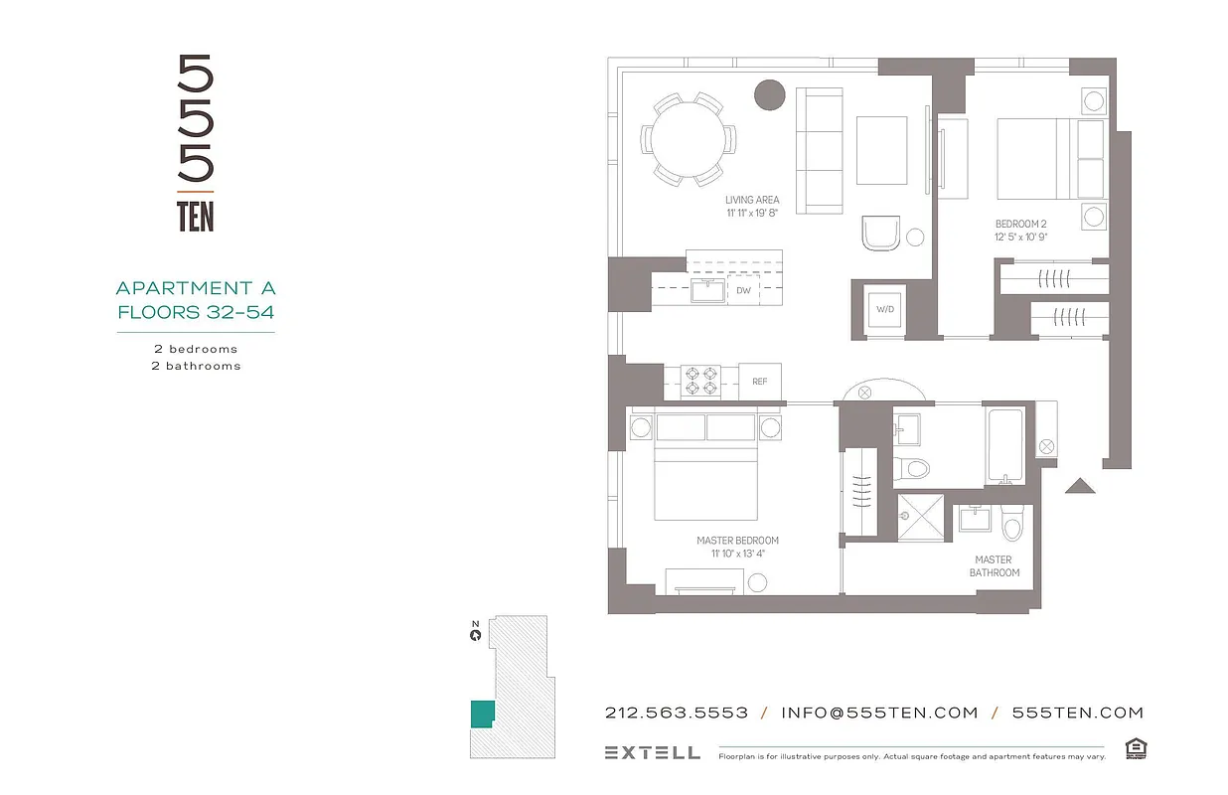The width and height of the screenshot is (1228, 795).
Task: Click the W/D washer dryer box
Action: click(x=884, y=309)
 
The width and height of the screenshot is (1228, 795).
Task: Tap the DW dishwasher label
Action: click(x=743, y=290)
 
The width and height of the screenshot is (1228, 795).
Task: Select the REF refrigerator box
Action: click(x=760, y=381)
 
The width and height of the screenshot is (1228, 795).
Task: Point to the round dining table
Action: click(x=689, y=139)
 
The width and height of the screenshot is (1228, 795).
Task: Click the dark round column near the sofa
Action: click(x=770, y=95)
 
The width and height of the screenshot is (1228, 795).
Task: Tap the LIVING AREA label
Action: click(x=752, y=200)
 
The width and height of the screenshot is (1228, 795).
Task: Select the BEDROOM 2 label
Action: click(x=1022, y=225)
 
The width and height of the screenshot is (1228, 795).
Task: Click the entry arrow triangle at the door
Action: click(x=1079, y=486)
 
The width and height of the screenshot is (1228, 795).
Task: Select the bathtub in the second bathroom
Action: click(x=1009, y=446)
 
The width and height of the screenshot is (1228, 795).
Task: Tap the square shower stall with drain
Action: click(x=920, y=517)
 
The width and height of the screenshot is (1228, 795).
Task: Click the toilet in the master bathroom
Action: click(x=1012, y=524)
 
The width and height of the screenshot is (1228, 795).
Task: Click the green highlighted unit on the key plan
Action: click(x=482, y=714)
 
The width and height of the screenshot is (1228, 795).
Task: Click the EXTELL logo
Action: click(x=652, y=752)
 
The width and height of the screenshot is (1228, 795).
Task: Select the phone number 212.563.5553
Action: click(x=676, y=713)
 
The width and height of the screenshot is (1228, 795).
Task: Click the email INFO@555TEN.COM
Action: click(x=879, y=713)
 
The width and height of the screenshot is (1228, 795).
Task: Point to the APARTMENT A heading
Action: click(x=196, y=288)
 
